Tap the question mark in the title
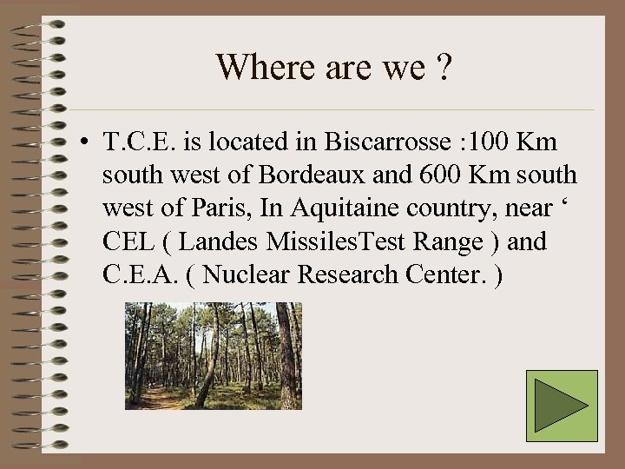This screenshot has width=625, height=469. pyautogui.click(x=444, y=67)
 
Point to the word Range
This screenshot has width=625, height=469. pyautogui.click(x=447, y=241)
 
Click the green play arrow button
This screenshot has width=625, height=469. pyautogui.click(x=562, y=406)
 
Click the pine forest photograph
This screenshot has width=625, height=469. pyautogui.click(x=213, y=355)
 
